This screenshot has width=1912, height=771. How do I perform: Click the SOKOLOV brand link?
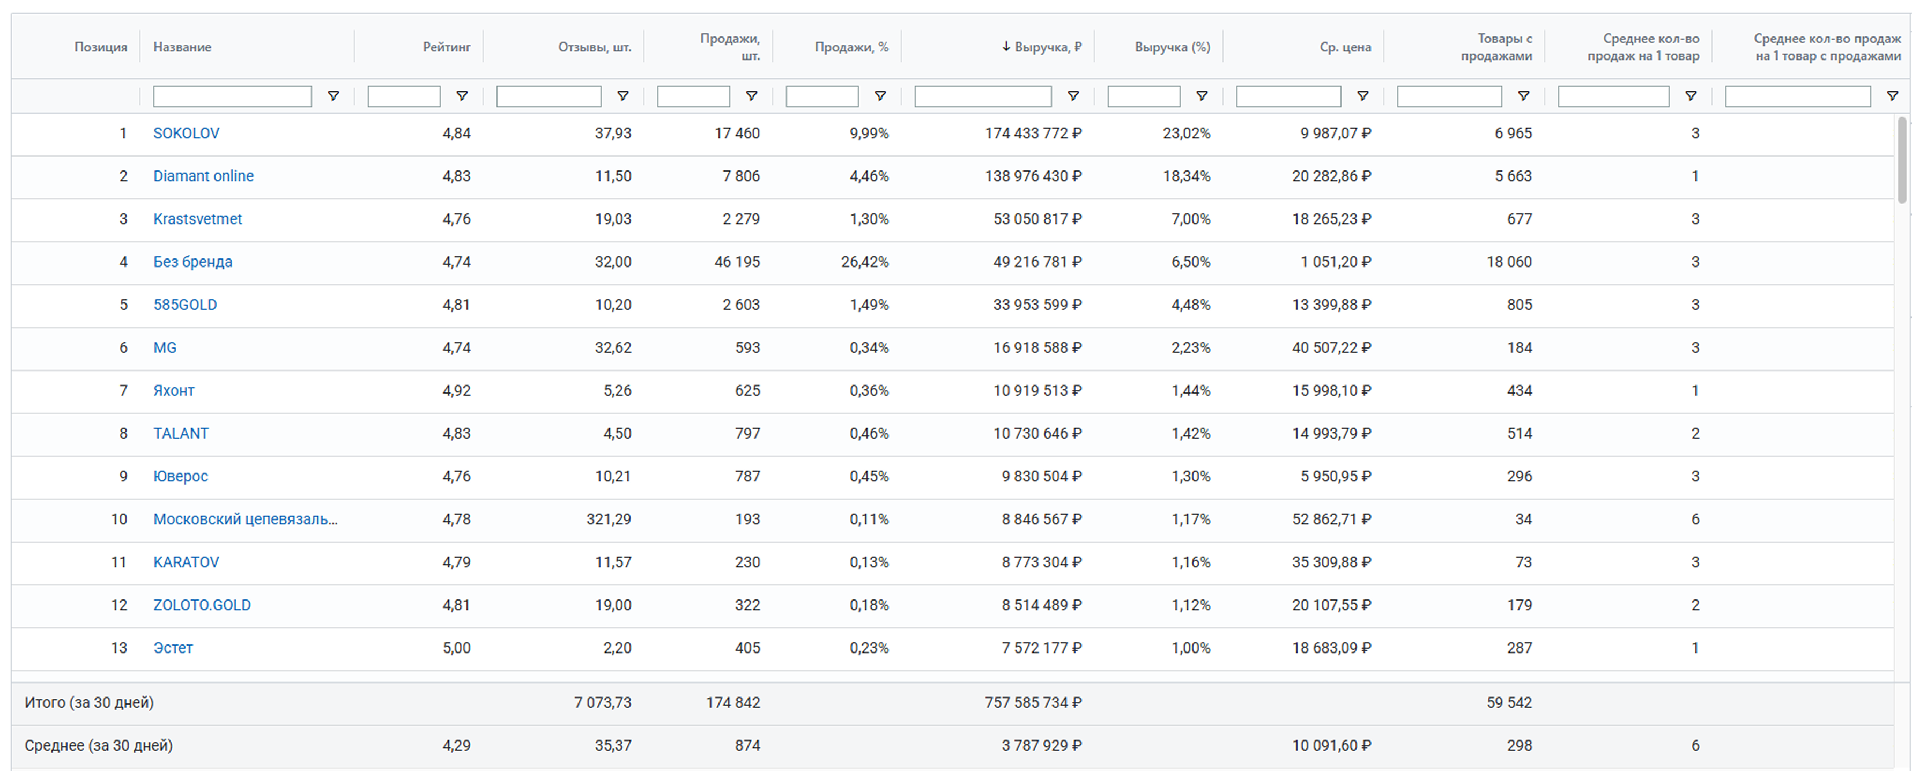pyautogui.click(x=186, y=134)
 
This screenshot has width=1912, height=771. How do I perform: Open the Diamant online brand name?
pyautogui.click(x=203, y=176)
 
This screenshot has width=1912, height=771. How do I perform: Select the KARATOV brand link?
pyautogui.click(x=186, y=562)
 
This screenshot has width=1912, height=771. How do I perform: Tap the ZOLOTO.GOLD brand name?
pyautogui.click(x=202, y=605)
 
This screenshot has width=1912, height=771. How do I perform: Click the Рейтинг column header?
pyautogui.click(x=446, y=47)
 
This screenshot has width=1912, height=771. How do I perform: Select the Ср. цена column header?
pyautogui.click(x=1345, y=47)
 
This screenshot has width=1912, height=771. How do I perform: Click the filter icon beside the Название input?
pyautogui.click(x=334, y=97)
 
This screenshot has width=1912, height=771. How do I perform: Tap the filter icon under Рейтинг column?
pyautogui.click(x=462, y=97)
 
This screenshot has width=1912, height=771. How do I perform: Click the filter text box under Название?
pyautogui.click(x=232, y=97)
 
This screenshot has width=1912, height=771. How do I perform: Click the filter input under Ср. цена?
pyautogui.click(x=1288, y=97)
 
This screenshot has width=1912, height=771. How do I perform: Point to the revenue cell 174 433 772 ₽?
pyautogui.click(x=1033, y=134)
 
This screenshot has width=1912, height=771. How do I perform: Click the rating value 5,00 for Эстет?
pyautogui.click(x=456, y=648)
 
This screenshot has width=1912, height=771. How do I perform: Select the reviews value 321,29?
pyautogui.click(x=609, y=520)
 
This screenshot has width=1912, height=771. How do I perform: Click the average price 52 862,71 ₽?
pyautogui.click(x=1331, y=520)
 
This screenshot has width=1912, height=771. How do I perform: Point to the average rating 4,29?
pyautogui.click(x=456, y=746)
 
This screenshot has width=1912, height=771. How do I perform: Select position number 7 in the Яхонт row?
pyautogui.click(x=123, y=391)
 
